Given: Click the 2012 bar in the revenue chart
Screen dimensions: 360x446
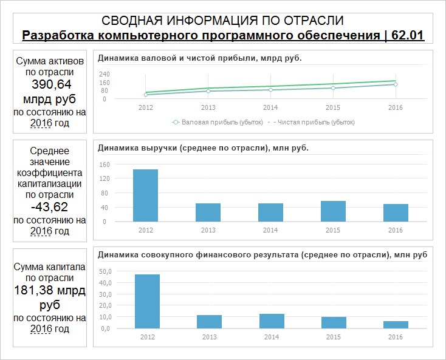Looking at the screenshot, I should [x=145, y=195].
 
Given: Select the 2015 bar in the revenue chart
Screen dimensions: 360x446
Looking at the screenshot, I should [x=333, y=211].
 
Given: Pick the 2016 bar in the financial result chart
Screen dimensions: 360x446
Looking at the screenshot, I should [x=396, y=325].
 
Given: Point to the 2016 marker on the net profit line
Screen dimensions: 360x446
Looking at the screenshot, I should [x=396, y=84].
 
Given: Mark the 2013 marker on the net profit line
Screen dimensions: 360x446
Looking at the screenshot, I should [x=208, y=91].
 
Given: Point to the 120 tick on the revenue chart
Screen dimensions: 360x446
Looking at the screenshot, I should [x=104, y=178].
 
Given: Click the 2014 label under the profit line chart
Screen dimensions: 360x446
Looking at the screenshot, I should [x=270, y=107].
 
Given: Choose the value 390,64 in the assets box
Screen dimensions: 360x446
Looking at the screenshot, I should [x=51, y=84].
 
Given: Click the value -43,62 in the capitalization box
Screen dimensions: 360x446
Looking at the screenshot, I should [x=50, y=207].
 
